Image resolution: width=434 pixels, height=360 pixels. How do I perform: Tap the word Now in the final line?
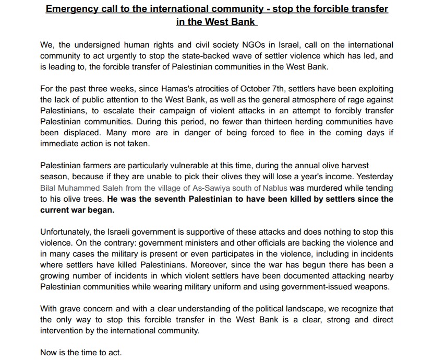coord(48,353)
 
